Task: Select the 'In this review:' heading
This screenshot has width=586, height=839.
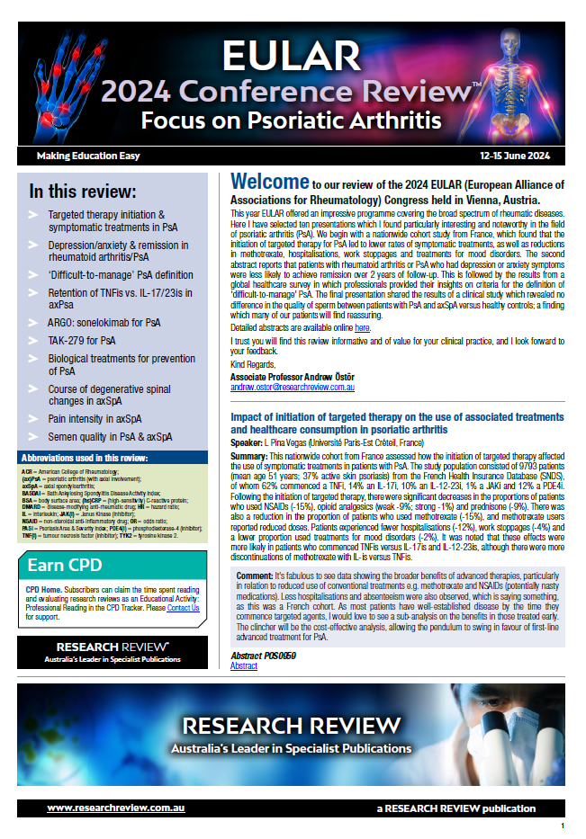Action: (x=83, y=191)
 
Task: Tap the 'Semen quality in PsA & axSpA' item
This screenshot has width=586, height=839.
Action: (x=109, y=437)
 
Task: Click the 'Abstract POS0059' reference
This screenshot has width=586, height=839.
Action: (x=264, y=656)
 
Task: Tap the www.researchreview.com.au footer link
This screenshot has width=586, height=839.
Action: (x=116, y=808)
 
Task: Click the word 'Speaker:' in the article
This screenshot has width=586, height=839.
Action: (x=248, y=444)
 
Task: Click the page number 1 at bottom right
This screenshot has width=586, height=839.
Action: (x=563, y=826)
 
